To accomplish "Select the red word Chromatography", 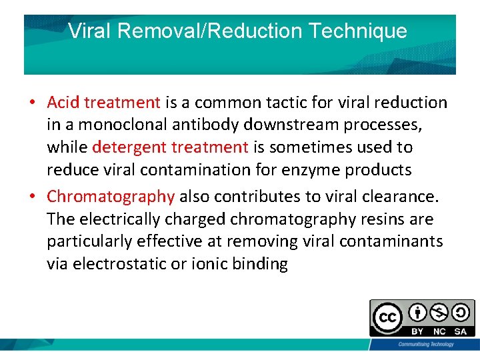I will (x=111, y=196).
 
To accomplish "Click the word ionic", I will (x=207, y=264).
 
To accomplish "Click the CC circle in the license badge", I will (x=387, y=318).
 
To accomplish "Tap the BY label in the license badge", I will (x=417, y=331).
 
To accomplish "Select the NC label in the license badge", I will (x=439, y=331).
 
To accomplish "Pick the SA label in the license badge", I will (x=461, y=331).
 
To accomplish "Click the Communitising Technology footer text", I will (x=426, y=344).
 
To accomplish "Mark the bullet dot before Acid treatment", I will (x=31, y=103).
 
